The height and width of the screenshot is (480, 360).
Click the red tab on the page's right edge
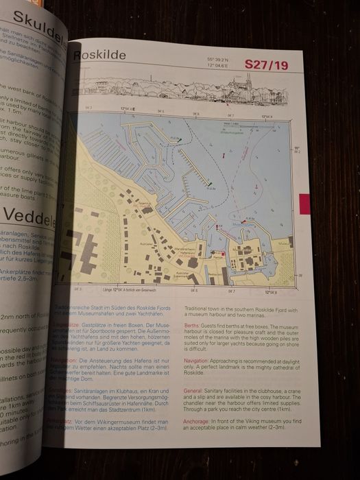(305, 204)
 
